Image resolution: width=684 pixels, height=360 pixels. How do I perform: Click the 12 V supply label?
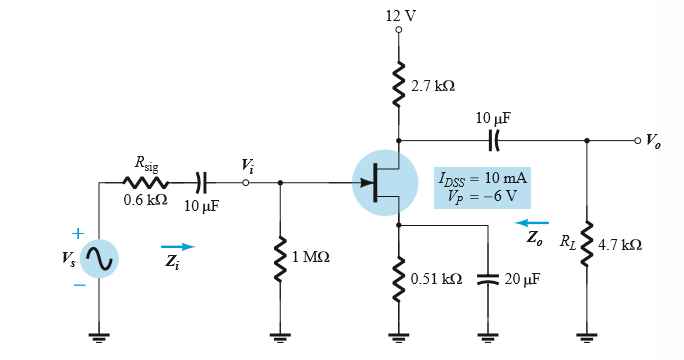(x=400, y=14)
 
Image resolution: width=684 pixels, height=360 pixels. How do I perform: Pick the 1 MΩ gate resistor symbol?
(x=280, y=258)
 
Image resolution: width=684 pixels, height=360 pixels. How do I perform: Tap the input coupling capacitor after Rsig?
(x=201, y=183)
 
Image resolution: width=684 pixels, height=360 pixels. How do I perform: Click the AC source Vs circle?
(x=100, y=259)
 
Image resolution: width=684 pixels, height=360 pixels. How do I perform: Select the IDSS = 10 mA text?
(x=482, y=178)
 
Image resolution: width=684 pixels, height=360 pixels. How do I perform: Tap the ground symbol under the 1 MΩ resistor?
(x=280, y=335)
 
